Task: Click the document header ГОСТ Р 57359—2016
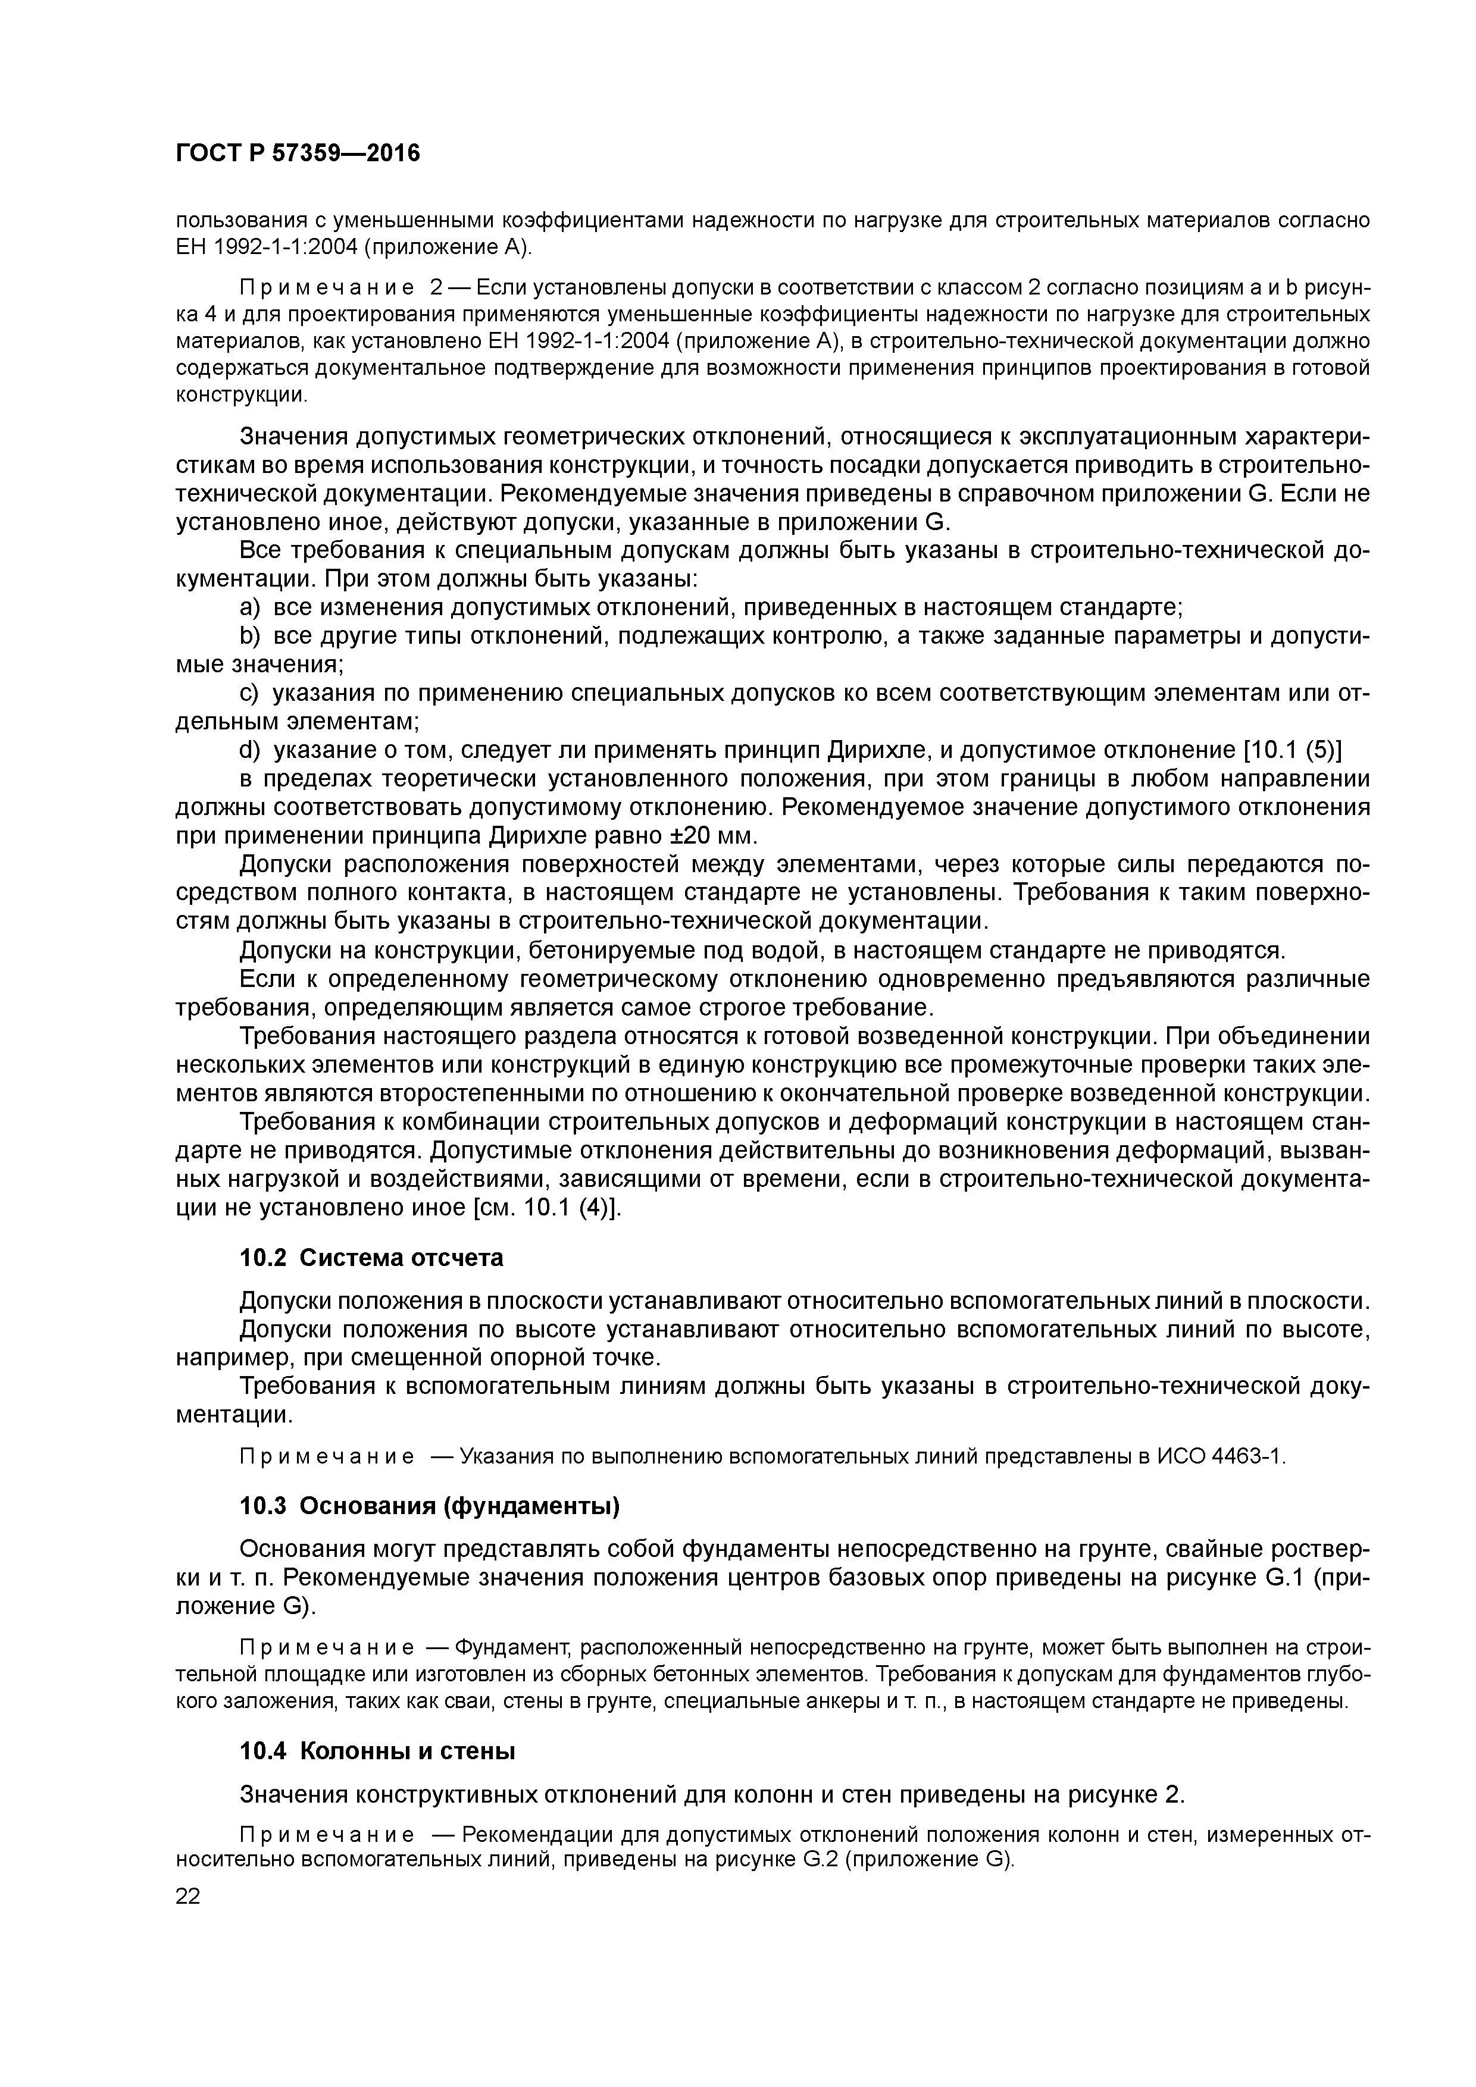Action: (x=298, y=153)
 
